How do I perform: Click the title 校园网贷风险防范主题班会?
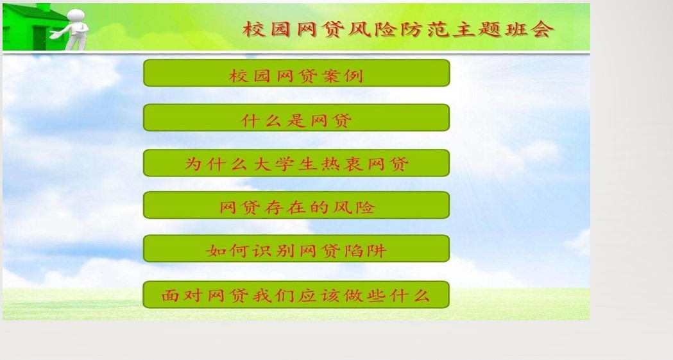(398, 29)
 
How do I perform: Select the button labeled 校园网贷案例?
(296, 73)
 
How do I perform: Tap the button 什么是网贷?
(296, 117)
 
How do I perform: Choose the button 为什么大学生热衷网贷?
(296, 162)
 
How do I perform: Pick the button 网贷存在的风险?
(296, 205)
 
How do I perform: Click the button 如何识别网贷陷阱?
(296, 248)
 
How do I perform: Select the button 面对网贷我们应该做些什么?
(296, 295)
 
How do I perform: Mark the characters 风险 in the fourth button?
(354, 207)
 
